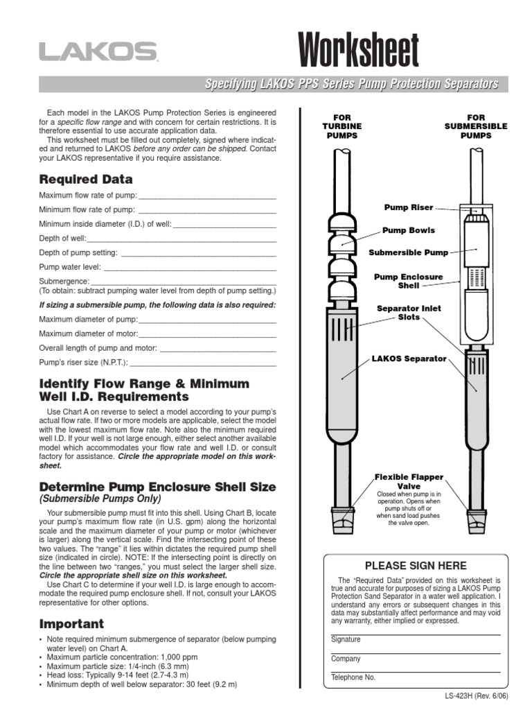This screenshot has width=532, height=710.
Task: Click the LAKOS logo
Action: click(x=97, y=52)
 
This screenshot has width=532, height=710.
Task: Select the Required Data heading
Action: click(x=86, y=179)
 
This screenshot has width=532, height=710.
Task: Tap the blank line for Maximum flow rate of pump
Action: click(x=207, y=196)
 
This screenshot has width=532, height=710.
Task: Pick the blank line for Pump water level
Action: click(x=190, y=267)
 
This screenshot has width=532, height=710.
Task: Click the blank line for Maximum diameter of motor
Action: click(x=207, y=334)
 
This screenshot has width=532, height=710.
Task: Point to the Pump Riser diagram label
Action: click(x=409, y=207)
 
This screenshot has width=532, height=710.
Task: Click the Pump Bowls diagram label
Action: click(x=409, y=230)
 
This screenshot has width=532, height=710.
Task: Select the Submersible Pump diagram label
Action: click(x=408, y=253)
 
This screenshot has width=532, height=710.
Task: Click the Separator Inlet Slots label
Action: click(x=409, y=313)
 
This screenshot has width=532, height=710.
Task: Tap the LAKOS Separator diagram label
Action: click(x=409, y=359)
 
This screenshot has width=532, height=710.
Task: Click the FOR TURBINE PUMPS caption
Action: click(x=342, y=127)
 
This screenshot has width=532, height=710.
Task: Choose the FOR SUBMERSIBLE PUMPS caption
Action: click(x=475, y=127)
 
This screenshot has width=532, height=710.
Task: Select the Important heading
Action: click(x=71, y=623)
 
